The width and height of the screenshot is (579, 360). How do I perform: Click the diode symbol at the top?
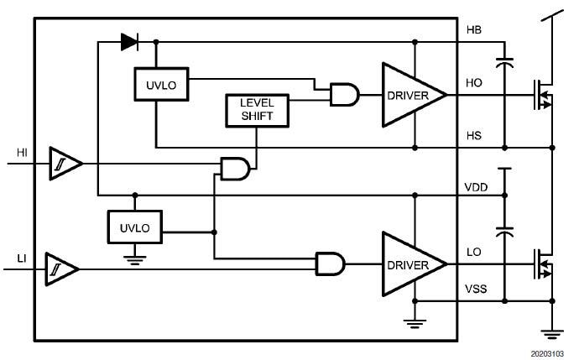128,39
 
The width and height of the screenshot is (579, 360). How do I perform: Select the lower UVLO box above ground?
134,227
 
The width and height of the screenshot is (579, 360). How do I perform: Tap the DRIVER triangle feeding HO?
414,96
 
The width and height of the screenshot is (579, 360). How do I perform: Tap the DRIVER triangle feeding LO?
414,264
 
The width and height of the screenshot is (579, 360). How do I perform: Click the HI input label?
23,152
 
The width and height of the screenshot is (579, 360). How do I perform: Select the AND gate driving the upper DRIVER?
344,96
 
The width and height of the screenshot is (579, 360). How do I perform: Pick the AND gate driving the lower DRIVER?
330,264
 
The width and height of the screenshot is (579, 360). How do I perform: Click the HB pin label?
473,30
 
